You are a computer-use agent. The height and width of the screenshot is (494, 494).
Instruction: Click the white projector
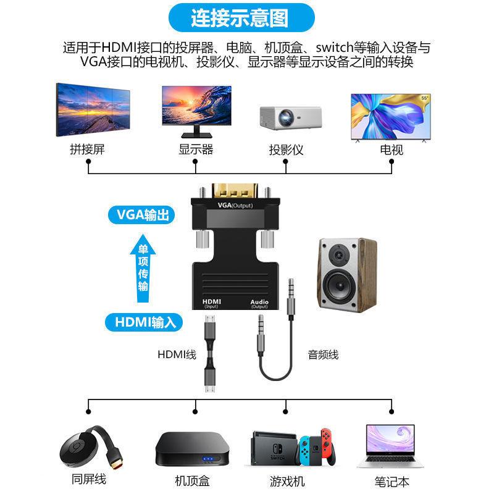point(290,117)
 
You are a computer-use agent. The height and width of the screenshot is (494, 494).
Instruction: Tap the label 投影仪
point(286,149)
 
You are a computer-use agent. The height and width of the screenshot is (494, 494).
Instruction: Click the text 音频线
point(323,355)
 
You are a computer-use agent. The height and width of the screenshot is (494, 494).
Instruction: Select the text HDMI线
point(177,355)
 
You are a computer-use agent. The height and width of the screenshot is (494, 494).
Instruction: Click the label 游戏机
point(287,480)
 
